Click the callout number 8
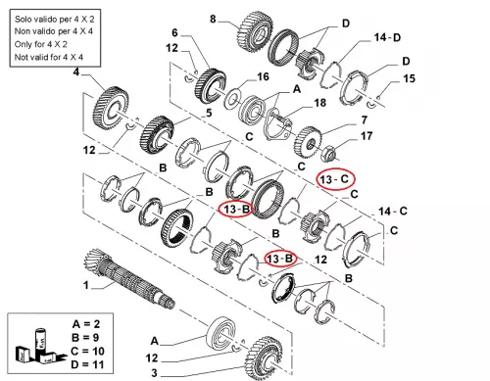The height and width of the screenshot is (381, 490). (x=213, y=19)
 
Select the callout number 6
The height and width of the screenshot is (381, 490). (x=175, y=32)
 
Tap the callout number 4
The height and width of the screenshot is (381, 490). (x=75, y=71)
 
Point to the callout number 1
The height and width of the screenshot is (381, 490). (x=86, y=285)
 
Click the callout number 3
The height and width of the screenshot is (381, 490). (x=154, y=372)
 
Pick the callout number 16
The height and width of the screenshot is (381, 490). (x=263, y=76)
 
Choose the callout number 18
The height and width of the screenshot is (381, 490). (x=319, y=103)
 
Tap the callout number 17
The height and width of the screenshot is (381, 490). (x=367, y=136)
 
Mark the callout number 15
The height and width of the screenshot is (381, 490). (x=409, y=78)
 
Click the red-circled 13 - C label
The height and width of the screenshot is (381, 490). (x=334, y=179)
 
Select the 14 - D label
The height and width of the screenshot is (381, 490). (x=387, y=37)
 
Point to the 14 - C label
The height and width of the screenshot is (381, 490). (x=393, y=212)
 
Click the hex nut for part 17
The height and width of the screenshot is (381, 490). (x=327, y=154)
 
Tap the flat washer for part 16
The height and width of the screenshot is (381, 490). (x=232, y=98)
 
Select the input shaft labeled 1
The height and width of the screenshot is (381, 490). (x=129, y=278)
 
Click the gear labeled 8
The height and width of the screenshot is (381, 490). (x=253, y=33)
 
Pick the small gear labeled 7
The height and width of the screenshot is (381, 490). (x=308, y=142)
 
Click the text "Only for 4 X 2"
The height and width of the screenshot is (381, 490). (x=40, y=44)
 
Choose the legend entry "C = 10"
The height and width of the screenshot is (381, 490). (x=87, y=351)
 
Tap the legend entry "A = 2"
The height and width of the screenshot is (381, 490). (x=86, y=324)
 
